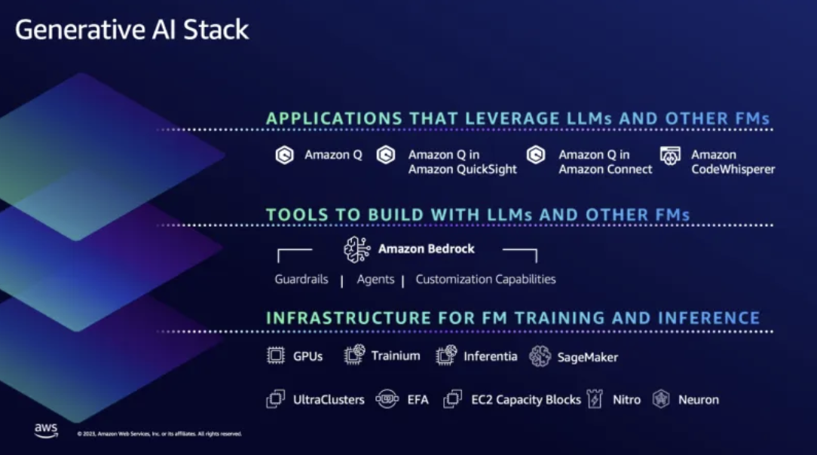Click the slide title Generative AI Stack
[x=132, y=30]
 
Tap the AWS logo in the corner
[x=45, y=430]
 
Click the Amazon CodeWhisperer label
[x=733, y=162]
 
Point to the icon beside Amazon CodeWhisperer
[x=670, y=156]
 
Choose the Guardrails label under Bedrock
[x=301, y=279]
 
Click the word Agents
[x=375, y=279]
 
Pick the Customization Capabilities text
[x=485, y=279]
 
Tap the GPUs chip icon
[x=276, y=356]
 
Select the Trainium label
[x=396, y=356]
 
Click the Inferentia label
[x=491, y=356]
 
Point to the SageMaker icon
[x=540, y=356]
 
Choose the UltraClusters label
[x=329, y=400]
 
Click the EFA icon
[x=387, y=399]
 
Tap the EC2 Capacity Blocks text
[x=526, y=400]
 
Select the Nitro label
[x=626, y=400]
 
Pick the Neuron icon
[x=661, y=399]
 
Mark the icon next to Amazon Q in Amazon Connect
[x=536, y=156]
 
